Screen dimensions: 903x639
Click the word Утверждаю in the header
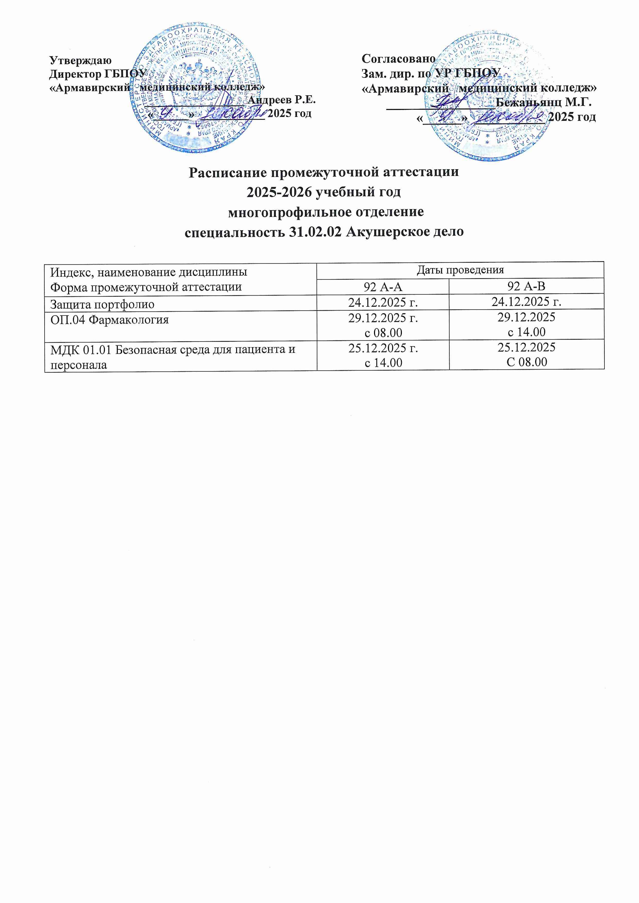click(x=80, y=60)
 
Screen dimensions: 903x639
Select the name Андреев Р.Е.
click(x=282, y=100)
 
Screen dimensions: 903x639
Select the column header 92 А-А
click(x=383, y=287)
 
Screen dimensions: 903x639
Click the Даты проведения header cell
click(x=460, y=270)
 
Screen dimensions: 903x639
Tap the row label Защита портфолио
click(x=102, y=304)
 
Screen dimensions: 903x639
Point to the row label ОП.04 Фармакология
click(x=110, y=320)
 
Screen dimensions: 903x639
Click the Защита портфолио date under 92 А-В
click(x=526, y=302)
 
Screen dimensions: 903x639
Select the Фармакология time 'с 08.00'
click(x=383, y=333)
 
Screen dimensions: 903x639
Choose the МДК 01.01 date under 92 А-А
click(x=383, y=348)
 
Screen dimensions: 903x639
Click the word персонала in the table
click(x=79, y=365)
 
